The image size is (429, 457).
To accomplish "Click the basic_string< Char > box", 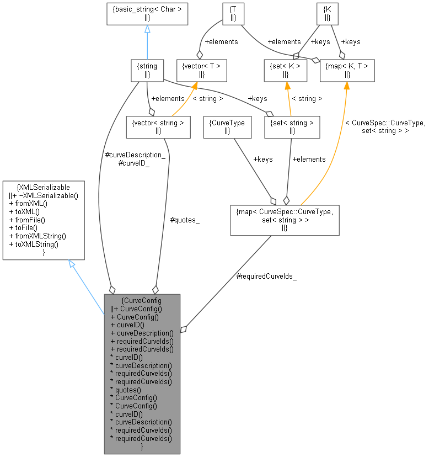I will point(147,14).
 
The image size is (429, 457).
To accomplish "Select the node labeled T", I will point(233,14).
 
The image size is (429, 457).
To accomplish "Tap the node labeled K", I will point(328,14).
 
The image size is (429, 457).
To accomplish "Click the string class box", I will point(147,70).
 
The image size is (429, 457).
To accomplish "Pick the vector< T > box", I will point(201,70).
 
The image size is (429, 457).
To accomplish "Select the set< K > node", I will point(285,70).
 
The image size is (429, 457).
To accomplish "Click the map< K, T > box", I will point(347,70).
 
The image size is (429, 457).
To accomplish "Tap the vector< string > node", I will point(158,126).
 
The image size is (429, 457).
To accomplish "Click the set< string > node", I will point(292,126).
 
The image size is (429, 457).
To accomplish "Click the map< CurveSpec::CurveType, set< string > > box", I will point(285,220).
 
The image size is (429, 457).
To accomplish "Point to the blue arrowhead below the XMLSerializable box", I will point(72,265).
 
